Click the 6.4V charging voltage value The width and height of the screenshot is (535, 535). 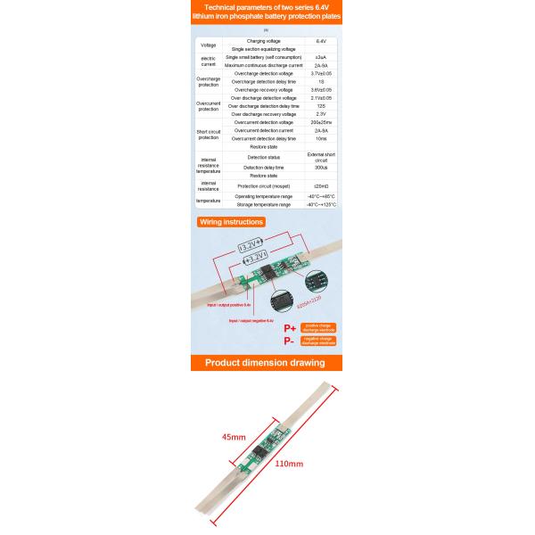[x=321, y=41]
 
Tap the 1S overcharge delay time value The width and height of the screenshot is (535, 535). [x=321, y=82]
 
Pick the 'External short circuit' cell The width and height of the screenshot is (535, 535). [x=321, y=156]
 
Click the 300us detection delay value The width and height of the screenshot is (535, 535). [x=321, y=167]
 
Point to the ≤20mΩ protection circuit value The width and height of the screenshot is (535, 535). [x=321, y=185]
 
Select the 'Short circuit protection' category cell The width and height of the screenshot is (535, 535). [x=208, y=134]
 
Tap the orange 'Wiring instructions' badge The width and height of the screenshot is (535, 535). [x=231, y=221]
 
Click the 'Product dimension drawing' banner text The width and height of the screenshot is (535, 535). [x=267, y=363]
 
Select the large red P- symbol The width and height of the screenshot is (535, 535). [x=289, y=342]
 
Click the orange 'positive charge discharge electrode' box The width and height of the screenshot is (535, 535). [x=318, y=328]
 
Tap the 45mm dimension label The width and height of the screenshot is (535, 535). [x=234, y=437]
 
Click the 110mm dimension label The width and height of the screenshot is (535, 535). [x=289, y=464]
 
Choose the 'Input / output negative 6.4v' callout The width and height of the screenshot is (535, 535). [x=257, y=319]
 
